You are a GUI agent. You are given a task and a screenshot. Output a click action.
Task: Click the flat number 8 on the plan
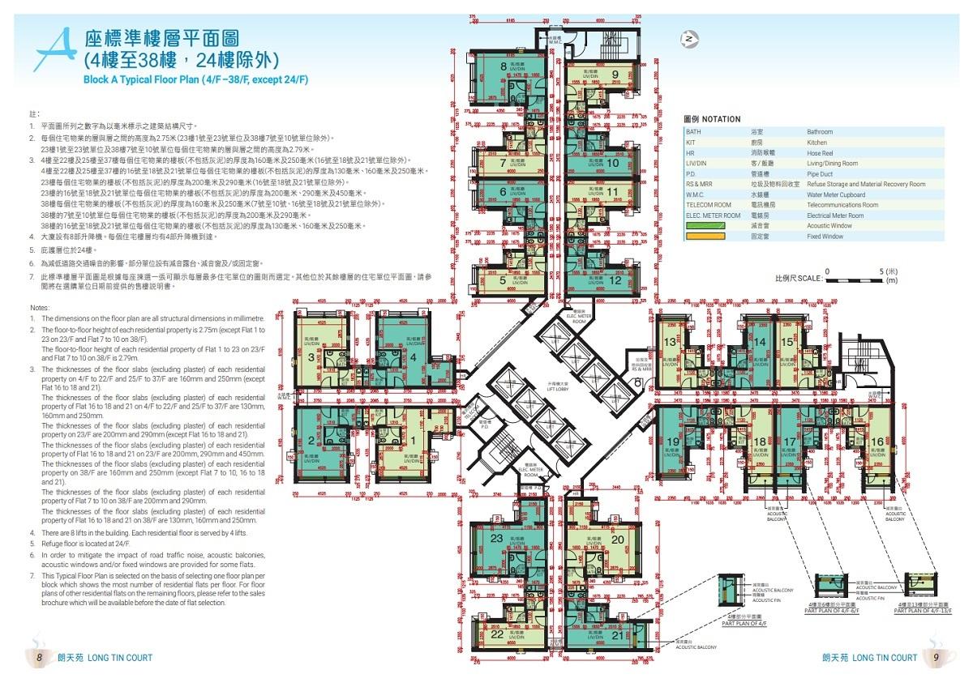504,66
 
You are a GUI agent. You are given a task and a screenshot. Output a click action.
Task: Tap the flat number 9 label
615,75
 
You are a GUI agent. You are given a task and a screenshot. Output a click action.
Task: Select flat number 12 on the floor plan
615,280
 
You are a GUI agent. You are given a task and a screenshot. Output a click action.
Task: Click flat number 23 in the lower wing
497,539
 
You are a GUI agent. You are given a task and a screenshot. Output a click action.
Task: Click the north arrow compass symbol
688,38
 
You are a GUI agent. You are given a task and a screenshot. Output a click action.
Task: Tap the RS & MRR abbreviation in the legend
701,184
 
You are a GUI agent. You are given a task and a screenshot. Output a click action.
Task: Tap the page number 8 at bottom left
37,658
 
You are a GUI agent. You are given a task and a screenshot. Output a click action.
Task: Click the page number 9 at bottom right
935,658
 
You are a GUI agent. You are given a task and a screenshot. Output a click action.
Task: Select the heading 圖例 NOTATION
713,119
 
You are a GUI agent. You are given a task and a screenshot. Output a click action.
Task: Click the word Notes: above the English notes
40,308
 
